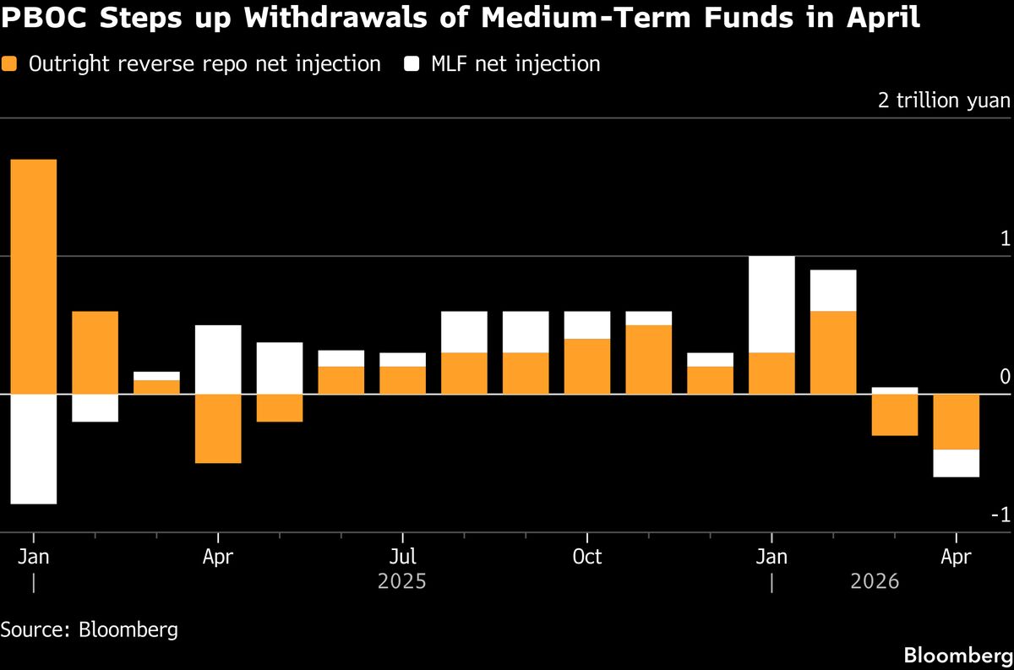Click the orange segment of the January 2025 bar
coord(33,276)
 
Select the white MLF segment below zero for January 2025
coord(33,449)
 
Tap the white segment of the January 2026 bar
coord(771,304)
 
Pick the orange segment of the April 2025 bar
coord(218,428)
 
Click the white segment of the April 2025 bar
coord(218,359)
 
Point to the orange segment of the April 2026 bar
coord(956,422)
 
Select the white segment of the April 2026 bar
coord(956,463)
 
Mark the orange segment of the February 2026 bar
coord(833,352)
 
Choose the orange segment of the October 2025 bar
coord(586,366)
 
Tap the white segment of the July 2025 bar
coord(402,359)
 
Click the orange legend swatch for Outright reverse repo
coord(10,63)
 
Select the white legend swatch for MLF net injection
coord(413,63)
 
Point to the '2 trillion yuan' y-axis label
coord(944,101)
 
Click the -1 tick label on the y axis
coord(1000,515)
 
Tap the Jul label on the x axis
coord(402,557)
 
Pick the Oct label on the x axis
coord(586,557)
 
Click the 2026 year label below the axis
coord(875,582)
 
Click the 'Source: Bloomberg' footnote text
coord(89,629)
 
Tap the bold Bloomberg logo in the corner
coord(957,655)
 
